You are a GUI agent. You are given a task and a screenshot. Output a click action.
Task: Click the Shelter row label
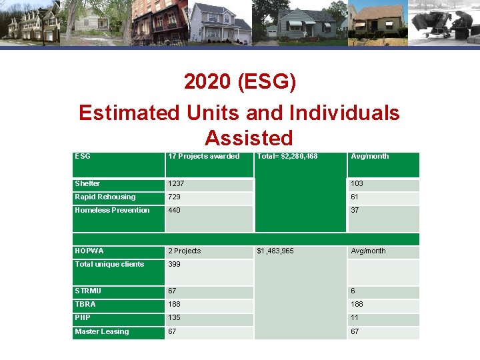tap(87, 183)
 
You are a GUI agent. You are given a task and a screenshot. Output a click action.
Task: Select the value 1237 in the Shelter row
tap(177, 183)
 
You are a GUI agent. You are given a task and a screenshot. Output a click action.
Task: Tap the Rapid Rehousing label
tap(105, 197)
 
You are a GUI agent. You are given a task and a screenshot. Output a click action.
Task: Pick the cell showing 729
tap(174, 197)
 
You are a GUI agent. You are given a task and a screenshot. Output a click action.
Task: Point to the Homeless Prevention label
tap(112, 210)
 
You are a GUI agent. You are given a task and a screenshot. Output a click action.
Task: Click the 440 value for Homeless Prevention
tap(175, 210)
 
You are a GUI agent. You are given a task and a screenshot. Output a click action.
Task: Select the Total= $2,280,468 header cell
tap(287, 156)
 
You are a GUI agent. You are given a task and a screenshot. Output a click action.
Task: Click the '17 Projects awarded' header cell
tap(203, 156)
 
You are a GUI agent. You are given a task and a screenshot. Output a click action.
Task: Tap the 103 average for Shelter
tap(357, 183)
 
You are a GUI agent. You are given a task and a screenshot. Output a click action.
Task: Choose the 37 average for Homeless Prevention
tap(355, 210)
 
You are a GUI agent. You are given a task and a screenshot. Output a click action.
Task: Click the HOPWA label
tap(89, 251)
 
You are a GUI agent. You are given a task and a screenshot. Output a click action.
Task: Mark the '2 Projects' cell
tap(184, 251)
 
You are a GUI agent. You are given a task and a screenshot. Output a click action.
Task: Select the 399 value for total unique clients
tap(175, 264)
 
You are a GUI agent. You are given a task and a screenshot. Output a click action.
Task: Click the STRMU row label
tap(87, 291)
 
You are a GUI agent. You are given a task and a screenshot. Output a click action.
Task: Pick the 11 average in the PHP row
tap(355, 317)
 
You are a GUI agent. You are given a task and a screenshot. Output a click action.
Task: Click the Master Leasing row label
tap(102, 331)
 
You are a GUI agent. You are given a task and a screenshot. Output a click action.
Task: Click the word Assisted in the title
tap(249, 137)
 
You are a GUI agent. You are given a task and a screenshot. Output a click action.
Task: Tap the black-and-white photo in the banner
tap(443, 22)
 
